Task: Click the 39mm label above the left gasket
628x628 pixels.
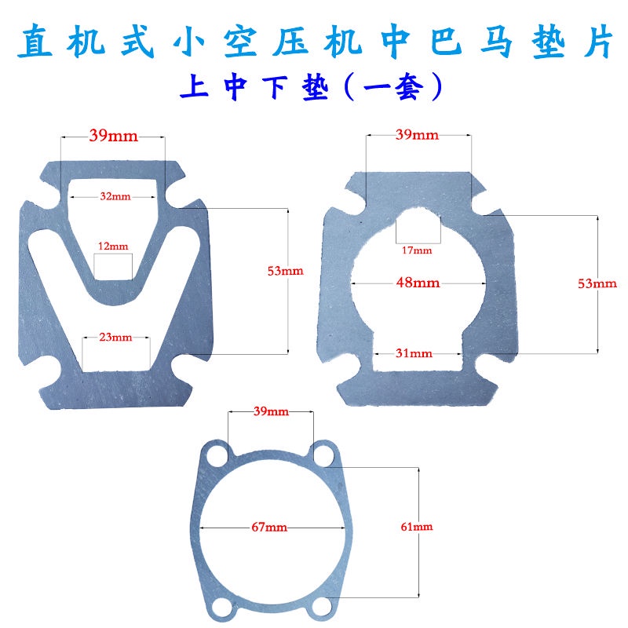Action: pyautogui.click(x=113, y=136)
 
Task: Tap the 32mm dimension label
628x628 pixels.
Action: pyautogui.click(x=115, y=196)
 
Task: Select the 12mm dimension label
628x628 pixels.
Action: pyautogui.click(x=112, y=246)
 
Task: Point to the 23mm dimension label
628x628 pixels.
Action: pyautogui.click(x=115, y=338)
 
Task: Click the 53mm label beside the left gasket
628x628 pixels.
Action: pyautogui.click(x=285, y=271)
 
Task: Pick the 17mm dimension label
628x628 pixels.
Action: pyautogui.click(x=418, y=250)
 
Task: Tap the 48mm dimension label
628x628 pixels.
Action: pyautogui.click(x=418, y=283)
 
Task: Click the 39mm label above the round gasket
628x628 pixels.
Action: pyautogui.click(x=270, y=411)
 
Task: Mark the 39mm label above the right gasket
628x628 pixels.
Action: pyautogui.click(x=417, y=136)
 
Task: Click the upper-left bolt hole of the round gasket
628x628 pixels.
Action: pyautogui.click(x=214, y=454)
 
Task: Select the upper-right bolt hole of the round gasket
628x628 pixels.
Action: pyautogui.click(x=320, y=453)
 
